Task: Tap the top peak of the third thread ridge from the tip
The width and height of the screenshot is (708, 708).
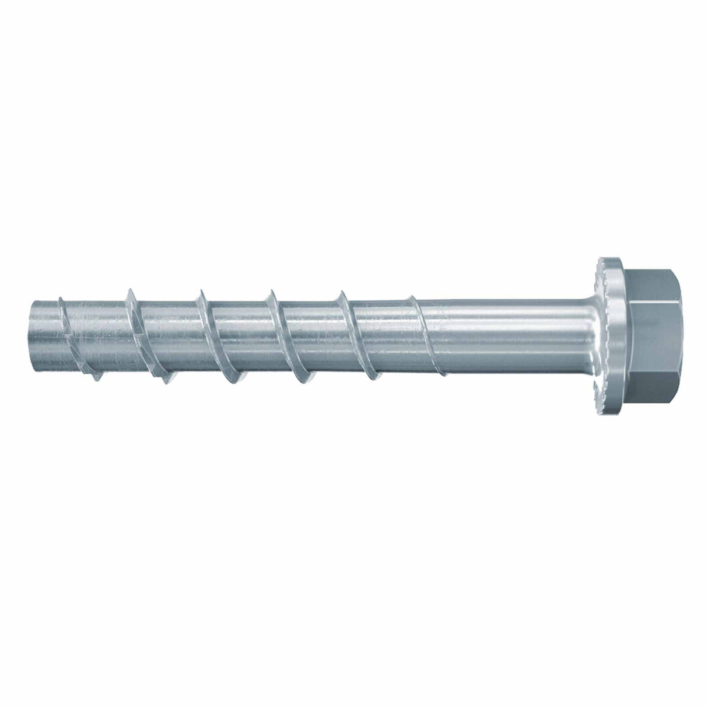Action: click(x=199, y=290)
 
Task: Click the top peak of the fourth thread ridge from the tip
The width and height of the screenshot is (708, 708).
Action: click(x=269, y=290)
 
